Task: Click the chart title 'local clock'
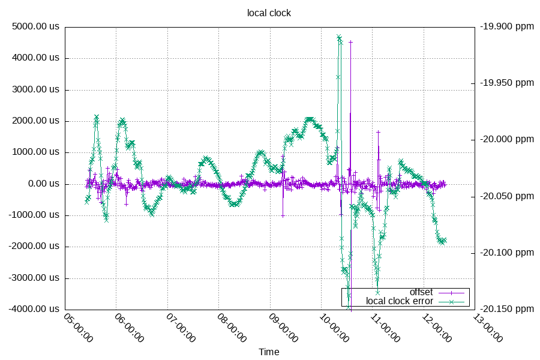coord(269,13)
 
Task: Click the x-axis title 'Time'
coord(269,352)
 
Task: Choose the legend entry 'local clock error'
coord(400,301)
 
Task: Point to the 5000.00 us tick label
coord(36,27)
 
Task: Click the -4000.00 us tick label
coord(35,309)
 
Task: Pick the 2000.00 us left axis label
coord(36,121)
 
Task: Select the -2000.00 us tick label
coord(35,247)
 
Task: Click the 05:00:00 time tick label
coord(78,328)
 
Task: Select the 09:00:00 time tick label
coord(283,328)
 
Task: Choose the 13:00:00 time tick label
coord(488,328)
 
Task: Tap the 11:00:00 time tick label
coord(386,328)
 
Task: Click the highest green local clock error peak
coord(339,37)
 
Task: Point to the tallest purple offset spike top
coord(351,41)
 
